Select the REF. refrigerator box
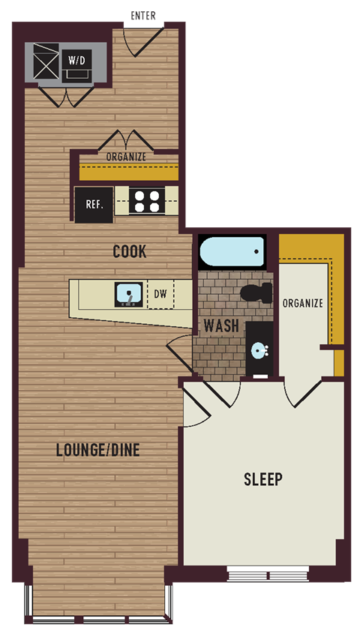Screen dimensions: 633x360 [94, 204]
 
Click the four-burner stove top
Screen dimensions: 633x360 [146, 202]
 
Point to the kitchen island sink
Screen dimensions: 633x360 [130, 294]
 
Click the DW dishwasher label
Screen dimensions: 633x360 [160, 295]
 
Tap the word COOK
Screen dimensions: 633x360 [129, 251]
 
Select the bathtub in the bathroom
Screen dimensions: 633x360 [232, 251]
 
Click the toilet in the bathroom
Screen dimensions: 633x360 [256, 293]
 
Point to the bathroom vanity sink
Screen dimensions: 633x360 [259, 350]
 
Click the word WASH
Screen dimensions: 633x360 [221, 326]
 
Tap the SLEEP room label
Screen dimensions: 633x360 [262, 478]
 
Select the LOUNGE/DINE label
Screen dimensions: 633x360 [97, 450]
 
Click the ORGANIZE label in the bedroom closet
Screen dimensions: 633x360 [303, 303]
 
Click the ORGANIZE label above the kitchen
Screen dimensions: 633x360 [125, 157]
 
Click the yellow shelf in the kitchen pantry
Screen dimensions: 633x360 [128, 172]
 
